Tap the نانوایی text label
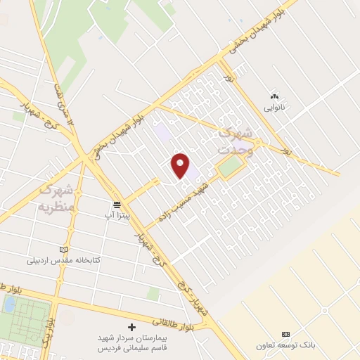pos(274,108)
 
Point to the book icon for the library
pos(65,249)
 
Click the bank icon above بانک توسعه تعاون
pos(285,334)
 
